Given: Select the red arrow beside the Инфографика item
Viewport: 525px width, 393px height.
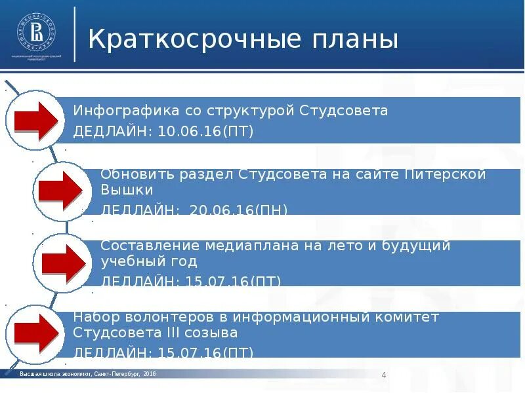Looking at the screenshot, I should pos(37,121).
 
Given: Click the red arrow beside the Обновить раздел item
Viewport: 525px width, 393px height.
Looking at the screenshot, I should pos(60,190).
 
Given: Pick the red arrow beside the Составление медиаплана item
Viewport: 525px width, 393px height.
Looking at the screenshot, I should pos(64,261).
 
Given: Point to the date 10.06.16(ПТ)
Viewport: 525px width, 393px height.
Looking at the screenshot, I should pos(205,132).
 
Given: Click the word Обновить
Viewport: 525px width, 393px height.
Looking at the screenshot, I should pos(133,175).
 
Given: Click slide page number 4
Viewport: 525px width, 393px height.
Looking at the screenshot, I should pos(383,375).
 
